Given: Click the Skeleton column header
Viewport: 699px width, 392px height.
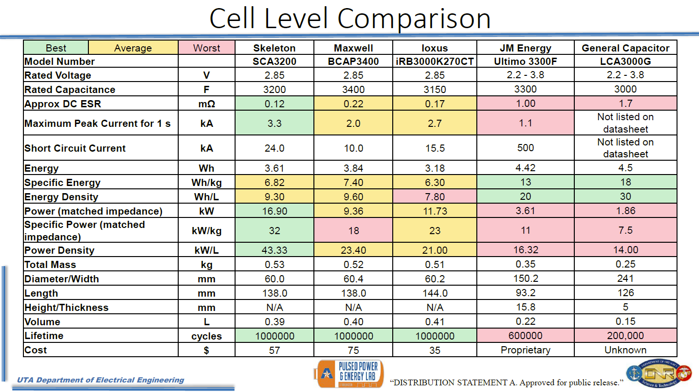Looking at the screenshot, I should tap(274, 48).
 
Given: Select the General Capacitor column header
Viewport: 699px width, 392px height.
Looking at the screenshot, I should tap(625, 48).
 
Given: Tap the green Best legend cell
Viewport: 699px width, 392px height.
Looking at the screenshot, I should tap(56, 48).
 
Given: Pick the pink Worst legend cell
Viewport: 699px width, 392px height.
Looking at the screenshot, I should tap(206, 48).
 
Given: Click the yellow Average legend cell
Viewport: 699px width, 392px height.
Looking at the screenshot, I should tap(133, 48).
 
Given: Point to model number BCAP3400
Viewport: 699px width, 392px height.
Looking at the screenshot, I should tap(353, 62).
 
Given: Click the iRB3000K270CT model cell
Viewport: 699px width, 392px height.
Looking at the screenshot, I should tap(435, 62).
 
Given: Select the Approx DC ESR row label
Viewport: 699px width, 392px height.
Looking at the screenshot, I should tap(63, 104).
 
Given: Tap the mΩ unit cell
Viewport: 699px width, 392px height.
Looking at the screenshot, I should tap(206, 104).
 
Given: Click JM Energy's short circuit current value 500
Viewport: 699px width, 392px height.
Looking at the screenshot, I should tap(525, 148).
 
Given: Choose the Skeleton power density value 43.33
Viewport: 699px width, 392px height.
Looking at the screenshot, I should tap(274, 250).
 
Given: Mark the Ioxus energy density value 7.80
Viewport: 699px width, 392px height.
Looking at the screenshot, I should tap(435, 196).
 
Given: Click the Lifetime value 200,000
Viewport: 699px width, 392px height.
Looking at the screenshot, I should tap(625, 336).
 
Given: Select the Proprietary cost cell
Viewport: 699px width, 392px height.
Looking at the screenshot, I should tap(525, 350).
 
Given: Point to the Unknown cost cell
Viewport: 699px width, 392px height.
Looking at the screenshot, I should tap(625, 350).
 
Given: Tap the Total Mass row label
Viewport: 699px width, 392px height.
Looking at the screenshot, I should tap(50, 265).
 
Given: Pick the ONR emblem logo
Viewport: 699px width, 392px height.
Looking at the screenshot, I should tap(659, 373).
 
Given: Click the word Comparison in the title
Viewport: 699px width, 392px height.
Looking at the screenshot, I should tap(414, 19).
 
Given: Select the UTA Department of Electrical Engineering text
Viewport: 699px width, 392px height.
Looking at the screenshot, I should tap(100, 380).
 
